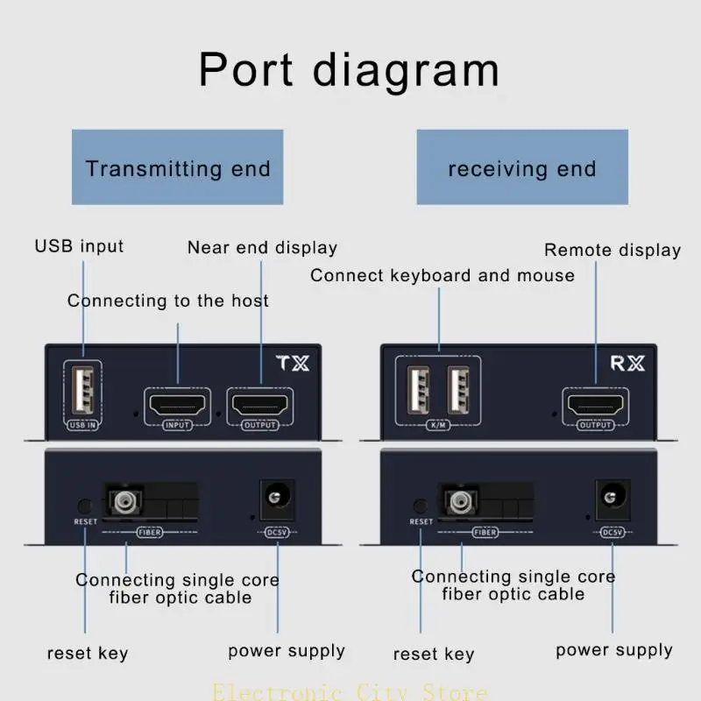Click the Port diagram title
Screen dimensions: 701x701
[x=349, y=69]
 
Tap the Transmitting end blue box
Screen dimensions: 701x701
[x=177, y=167]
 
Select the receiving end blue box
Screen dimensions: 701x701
[x=522, y=167]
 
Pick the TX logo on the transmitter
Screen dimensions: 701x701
[x=293, y=363]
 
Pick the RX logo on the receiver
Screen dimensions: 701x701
[x=627, y=363]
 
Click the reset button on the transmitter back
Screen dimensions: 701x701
[x=85, y=506]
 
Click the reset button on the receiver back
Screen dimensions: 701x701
[x=421, y=506]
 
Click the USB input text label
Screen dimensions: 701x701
[x=79, y=245]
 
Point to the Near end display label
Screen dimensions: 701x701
[x=262, y=248]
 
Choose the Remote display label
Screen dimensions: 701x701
[x=612, y=250]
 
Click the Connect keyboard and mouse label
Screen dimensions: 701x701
[x=443, y=275]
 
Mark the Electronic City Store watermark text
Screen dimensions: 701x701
[x=350, y=692]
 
